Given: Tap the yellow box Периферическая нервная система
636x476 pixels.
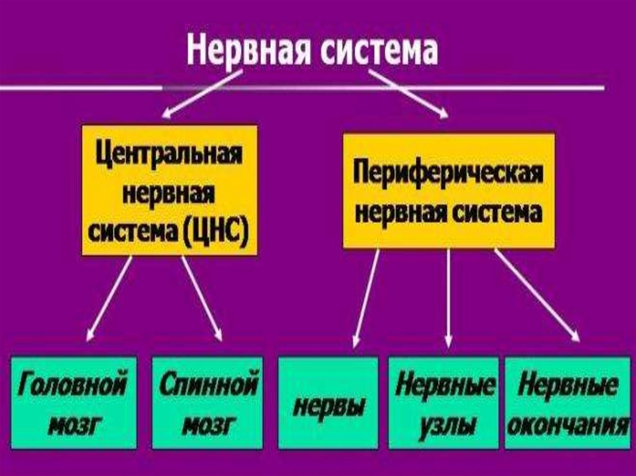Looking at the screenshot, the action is pos(448,191).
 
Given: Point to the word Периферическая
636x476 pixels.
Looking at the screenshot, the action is pos(448,172).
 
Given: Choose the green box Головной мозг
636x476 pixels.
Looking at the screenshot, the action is pos(73,402).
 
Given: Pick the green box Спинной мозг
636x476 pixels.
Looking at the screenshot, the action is pos(207,402).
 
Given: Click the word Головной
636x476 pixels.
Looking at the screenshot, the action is pos(73,385).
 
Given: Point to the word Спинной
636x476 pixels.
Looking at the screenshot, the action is pos(207,385).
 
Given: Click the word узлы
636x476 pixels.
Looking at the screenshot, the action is pos(443,425).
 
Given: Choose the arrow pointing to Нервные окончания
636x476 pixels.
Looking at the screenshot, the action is pos(537,295).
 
